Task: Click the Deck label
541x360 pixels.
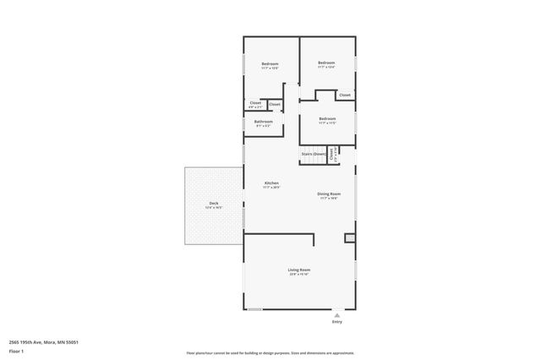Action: click(214, 204)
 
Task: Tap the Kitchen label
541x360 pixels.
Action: click(271, 183)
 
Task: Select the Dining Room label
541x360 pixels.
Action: click(329, 194)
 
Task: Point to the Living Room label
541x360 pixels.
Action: click(299, 270)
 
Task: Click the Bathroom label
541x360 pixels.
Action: click(263, 122)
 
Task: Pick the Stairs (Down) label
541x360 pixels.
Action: click(314, 154)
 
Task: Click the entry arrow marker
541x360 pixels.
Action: click(337, 314)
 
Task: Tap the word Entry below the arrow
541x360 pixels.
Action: click(337, 322)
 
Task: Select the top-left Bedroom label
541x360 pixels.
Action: click(270, 65)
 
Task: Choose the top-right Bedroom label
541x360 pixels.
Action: click(326, 63)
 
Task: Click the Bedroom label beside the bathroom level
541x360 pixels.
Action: click(327, 119)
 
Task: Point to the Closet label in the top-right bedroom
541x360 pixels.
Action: click(344, 95)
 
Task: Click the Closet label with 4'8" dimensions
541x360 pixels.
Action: click(255, 103)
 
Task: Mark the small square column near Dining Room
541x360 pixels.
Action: click(349, 239)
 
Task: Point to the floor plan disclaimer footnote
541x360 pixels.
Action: click(270, 353)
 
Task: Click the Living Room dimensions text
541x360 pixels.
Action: click(299, 275)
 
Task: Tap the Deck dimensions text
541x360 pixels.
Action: click(214, 208)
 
